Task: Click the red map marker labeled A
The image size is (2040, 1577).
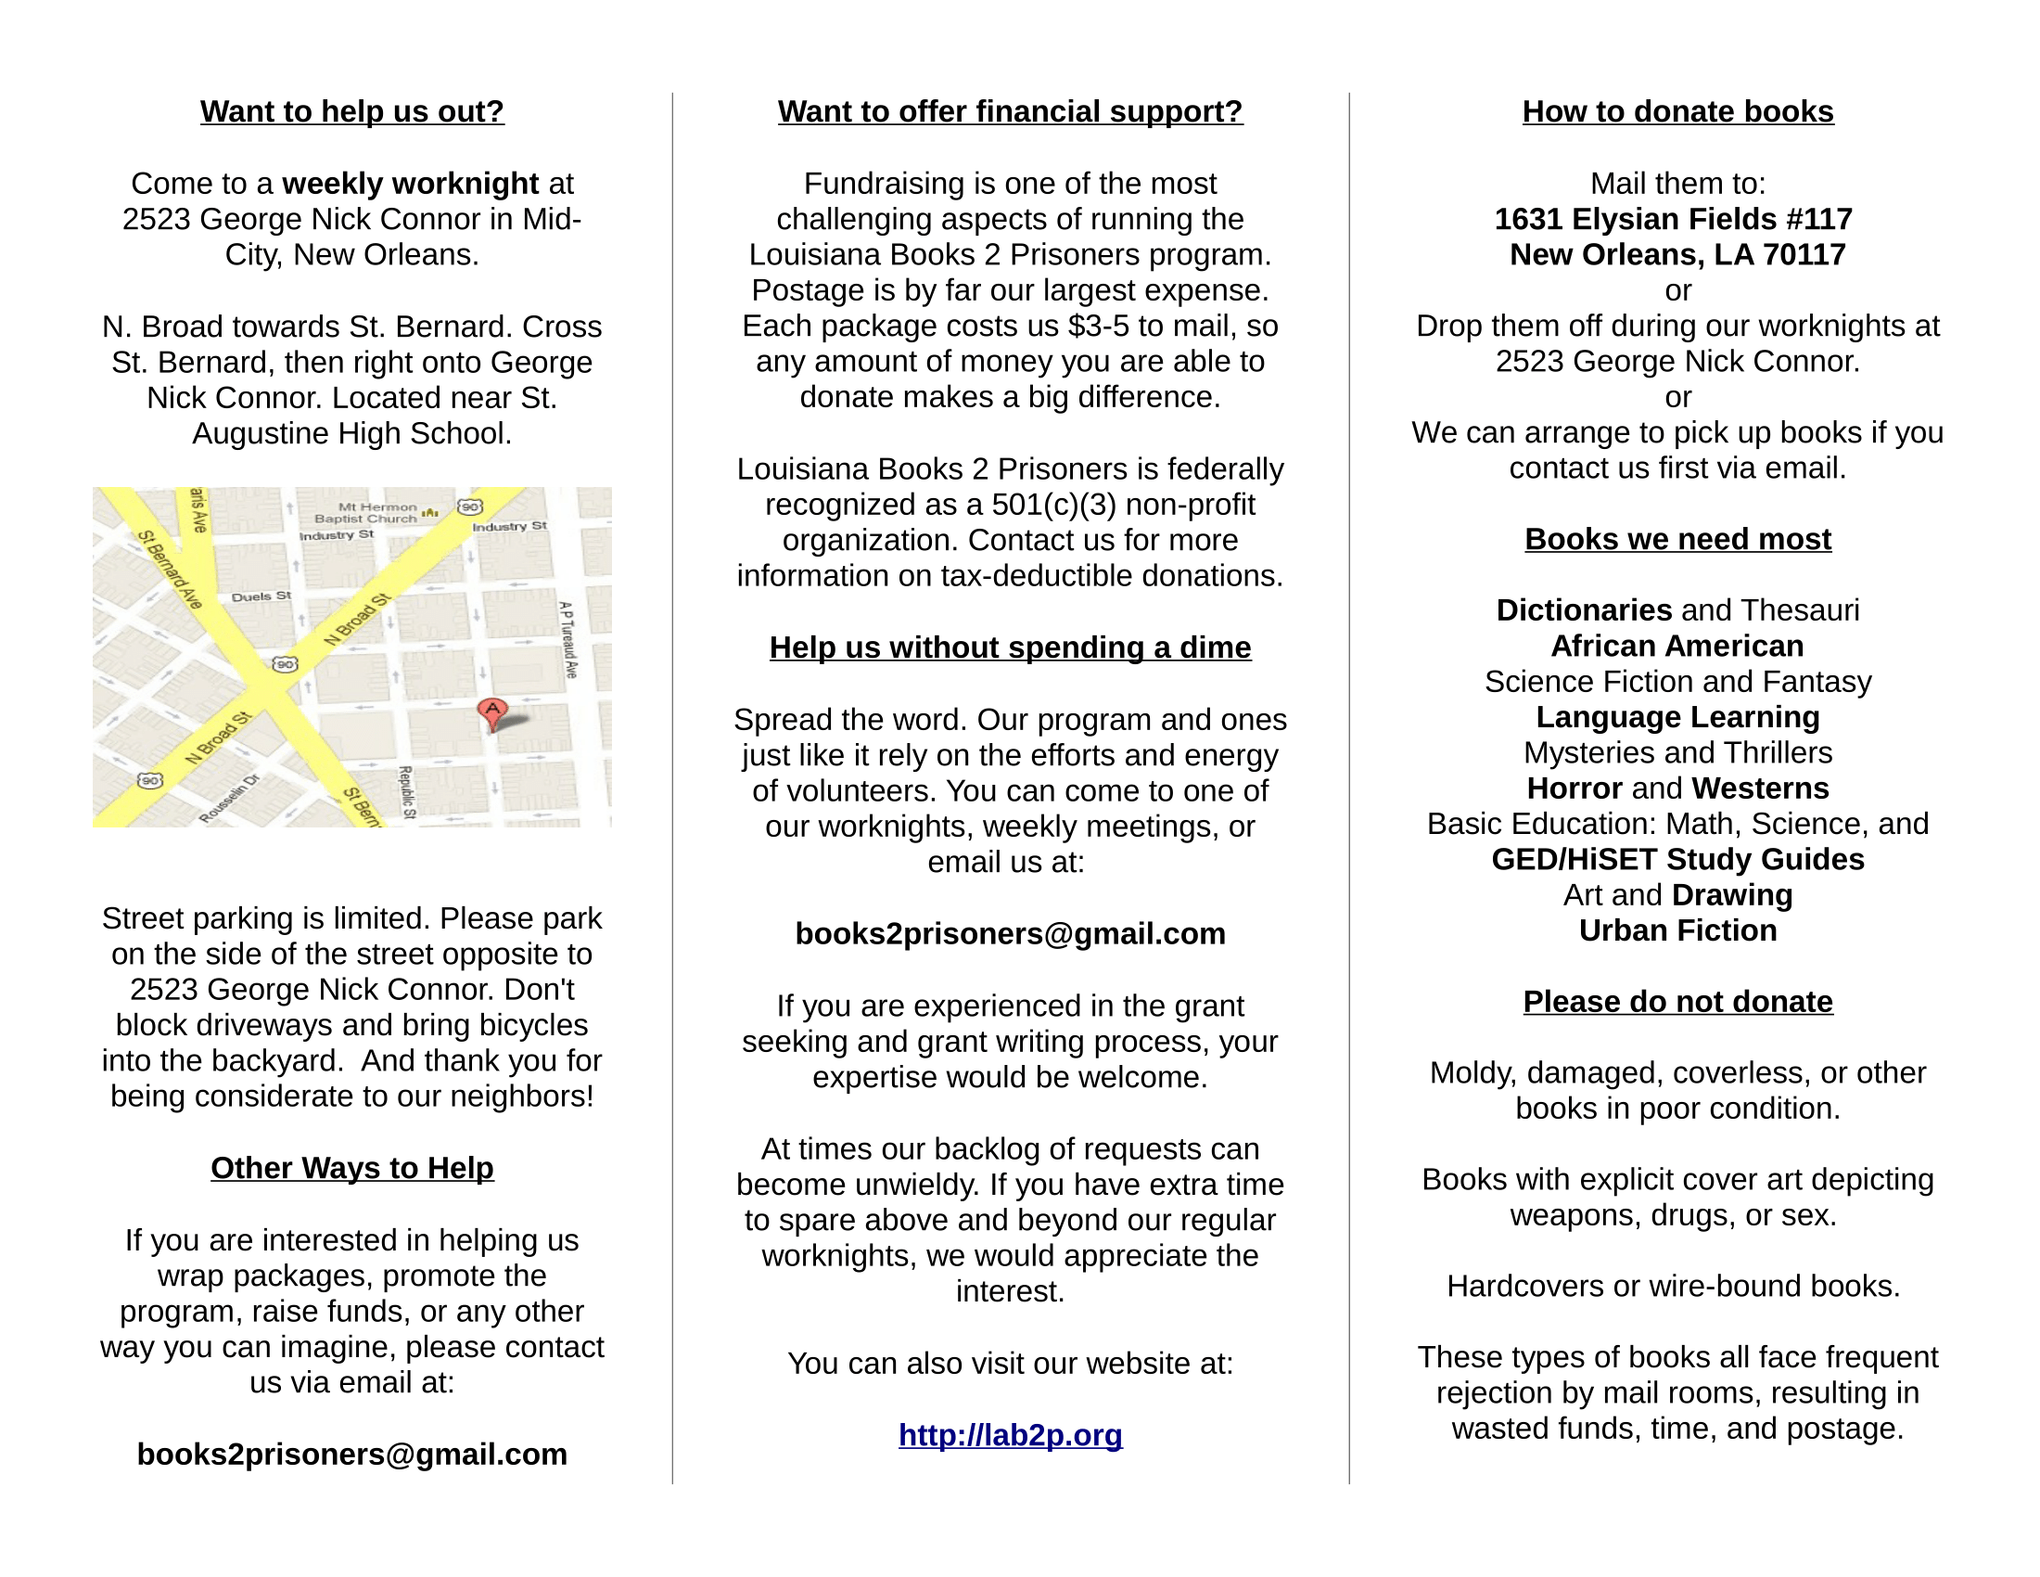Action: tap(492, 711)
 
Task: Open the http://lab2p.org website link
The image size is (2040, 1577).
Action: tap(1010, 1435)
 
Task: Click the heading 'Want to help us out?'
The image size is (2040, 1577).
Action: tap(352, 111)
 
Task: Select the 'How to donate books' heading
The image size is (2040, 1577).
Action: tap(1677, 111)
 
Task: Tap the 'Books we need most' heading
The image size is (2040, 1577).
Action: tap(1677, 539)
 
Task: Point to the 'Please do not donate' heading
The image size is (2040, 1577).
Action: tap(1677, 1002)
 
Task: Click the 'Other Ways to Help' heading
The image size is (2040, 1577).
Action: tap(352, 1168)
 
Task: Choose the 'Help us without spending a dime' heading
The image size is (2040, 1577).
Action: tap(1010, 647)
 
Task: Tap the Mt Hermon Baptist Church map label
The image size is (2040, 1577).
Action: tap(366, 513)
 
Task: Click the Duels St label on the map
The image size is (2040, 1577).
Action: tap(261, 596)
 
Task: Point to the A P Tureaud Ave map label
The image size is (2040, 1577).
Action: tap(567, 639)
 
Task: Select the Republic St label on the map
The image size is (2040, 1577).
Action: tap(407, 791)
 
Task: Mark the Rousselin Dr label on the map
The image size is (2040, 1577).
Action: tap(230, 799)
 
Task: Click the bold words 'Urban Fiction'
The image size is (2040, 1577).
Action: tap(1677, 930)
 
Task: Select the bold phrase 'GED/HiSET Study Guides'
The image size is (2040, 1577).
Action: tap(1677, 860)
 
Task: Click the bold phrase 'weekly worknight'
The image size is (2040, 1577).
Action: tap(410, 184)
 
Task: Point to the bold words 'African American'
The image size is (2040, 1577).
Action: tap(1677, 647)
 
